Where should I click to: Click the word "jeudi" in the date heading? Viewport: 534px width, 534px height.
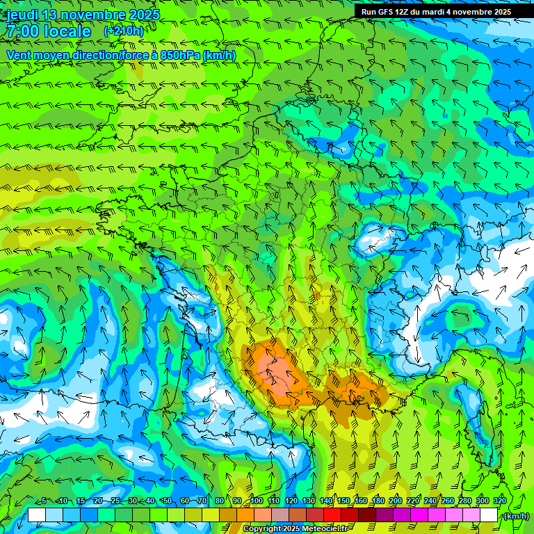21,15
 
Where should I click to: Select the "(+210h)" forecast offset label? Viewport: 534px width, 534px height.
124,31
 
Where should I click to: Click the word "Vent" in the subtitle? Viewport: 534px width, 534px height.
20,55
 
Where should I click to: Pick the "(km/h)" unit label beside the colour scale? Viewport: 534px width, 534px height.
515,516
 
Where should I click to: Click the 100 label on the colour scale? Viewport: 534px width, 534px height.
257,501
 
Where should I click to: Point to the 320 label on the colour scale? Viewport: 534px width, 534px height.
500,501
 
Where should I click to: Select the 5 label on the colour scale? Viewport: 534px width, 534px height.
43,501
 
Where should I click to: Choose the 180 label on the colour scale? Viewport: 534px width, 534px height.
378,501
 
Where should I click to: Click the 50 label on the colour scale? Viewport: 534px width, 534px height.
167,501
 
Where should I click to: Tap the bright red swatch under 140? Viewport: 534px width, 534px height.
332,515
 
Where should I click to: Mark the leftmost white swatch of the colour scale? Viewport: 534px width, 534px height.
37,515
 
